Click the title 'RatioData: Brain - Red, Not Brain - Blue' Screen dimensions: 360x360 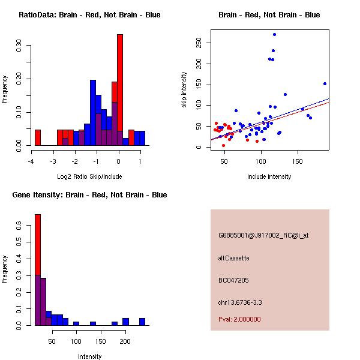(x=89, y=15)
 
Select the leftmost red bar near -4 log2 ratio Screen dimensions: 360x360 (x=37, y=137)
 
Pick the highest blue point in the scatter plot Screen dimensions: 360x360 (x=274, y=35)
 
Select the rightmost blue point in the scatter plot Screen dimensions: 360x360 (x=325, y=83)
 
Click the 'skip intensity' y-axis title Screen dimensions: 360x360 (x=185, y=90)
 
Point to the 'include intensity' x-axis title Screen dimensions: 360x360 (x=269, y=176)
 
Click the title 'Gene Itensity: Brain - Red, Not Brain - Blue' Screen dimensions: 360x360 (x=89, y=195)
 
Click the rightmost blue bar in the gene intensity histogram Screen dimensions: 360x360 (x=142, y=322)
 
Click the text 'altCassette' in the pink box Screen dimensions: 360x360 (x=234, y=258)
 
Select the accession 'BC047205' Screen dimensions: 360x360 (x=233, y=280)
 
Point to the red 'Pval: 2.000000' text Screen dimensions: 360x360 (x=239, y=319)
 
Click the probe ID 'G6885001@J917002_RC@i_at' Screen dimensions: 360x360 (x=263, y=236)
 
